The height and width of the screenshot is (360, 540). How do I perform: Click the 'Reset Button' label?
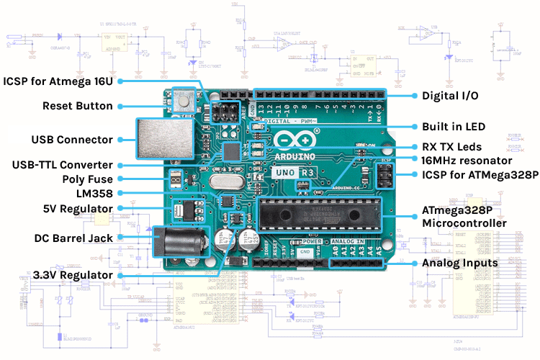tap(76, 106)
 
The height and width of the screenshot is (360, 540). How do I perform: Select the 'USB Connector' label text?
tap(72, 139)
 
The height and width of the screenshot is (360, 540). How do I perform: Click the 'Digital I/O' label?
tap(449, 95)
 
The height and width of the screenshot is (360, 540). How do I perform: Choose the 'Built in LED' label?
tap(453, 126)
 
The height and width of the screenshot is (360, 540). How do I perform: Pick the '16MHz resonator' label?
tap(466, 160)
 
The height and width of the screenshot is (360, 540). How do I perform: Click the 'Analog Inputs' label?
tap(459, 263)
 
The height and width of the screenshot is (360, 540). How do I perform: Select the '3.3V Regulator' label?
tap(73, 275)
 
